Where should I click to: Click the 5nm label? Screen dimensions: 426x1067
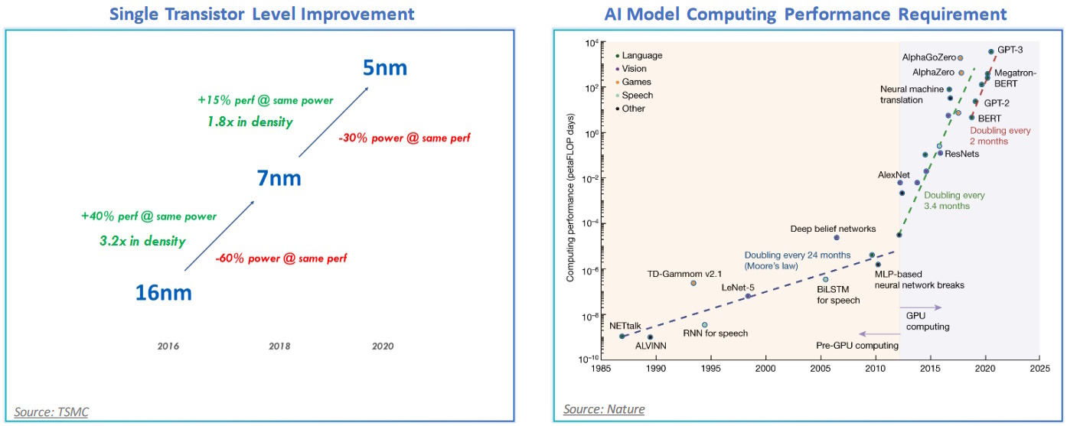[x=385, y=67]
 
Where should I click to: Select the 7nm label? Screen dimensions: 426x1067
[x=279, y=178]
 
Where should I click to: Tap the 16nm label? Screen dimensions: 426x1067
[x=163, y=292]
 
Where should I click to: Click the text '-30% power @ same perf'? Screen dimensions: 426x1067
[x=403, y=138]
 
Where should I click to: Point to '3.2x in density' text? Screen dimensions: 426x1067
[x=144, y=241]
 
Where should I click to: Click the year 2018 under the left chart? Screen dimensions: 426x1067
[x=279, y=346]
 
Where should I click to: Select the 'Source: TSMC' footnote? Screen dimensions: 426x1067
[x=51, y=412]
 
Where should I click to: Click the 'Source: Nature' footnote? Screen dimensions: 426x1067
[x=604, y=409]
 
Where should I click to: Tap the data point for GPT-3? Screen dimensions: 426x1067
[x=991, y=52]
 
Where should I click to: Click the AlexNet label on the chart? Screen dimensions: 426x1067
[x=893, y=175]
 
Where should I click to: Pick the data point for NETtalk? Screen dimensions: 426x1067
[x=622, y=337]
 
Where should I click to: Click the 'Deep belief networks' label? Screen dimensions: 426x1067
[x=832, y=228]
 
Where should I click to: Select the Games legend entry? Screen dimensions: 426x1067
[x=636, y=82]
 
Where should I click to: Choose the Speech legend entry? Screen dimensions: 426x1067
[x=637, y=95]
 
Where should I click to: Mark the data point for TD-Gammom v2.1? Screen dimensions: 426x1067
[x=693, y=283]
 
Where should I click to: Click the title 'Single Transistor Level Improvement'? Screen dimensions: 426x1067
[x=263, y=14]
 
